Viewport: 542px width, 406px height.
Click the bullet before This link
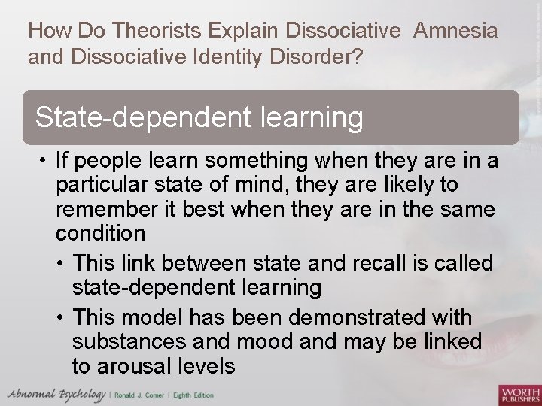(60, 264)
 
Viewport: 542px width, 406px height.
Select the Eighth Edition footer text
(194, 395)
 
